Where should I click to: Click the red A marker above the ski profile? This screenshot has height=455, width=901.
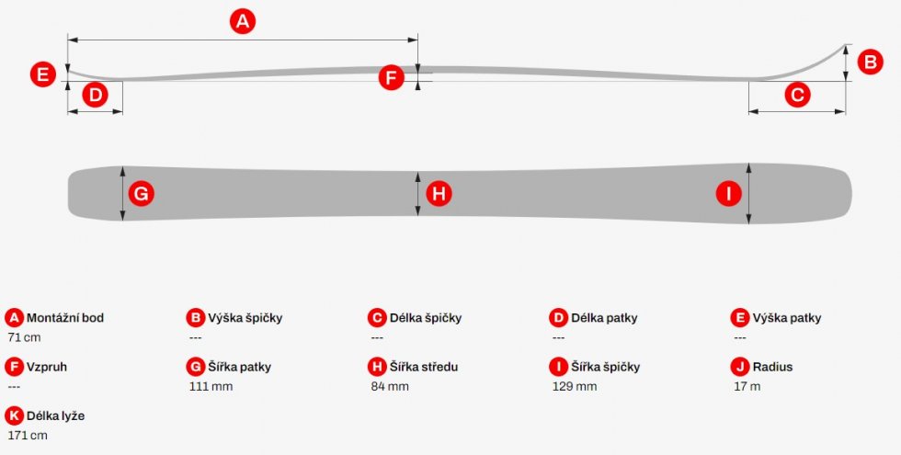243,21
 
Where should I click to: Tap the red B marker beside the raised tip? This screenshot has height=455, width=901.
870,62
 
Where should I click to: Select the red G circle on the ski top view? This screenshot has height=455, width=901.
141,194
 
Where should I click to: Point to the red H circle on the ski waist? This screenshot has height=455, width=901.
439,194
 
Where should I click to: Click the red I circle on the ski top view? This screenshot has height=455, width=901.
728,194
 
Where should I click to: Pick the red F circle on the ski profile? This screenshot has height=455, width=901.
392,77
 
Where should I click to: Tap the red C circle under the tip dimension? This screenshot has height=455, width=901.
798,95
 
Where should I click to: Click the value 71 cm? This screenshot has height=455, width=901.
24,337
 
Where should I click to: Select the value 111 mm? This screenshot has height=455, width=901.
211,387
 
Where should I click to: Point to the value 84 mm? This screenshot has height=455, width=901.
390,387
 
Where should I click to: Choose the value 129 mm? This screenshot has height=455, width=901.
575,387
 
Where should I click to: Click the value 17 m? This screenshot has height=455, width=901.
747,387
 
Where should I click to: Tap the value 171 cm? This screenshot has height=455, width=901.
28,436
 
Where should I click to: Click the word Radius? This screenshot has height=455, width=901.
772,367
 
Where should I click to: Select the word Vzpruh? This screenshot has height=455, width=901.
47,367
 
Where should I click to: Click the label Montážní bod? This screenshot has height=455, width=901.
65,318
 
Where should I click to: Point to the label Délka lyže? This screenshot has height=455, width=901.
55,415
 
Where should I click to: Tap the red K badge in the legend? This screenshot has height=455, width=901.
15,415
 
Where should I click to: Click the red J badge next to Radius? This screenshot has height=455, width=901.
740,367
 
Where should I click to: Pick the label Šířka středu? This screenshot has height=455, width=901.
424,367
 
